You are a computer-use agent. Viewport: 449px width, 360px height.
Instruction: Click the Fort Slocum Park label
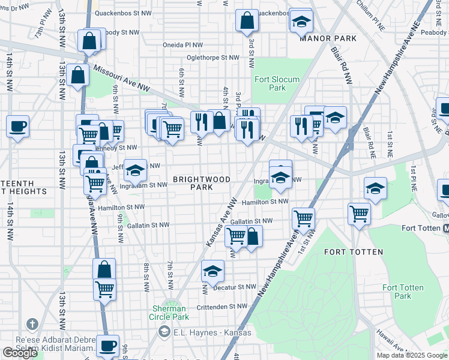(269, 83)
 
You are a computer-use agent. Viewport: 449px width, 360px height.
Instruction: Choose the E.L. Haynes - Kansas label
(204, 331)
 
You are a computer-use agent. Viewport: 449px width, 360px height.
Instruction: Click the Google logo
(20, 352)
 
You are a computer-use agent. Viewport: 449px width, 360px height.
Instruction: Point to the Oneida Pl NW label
(183, 44)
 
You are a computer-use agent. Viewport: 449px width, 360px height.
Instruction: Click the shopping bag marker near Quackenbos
(247, 22)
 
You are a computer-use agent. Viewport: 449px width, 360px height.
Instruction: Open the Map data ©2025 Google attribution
(411, 355)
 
